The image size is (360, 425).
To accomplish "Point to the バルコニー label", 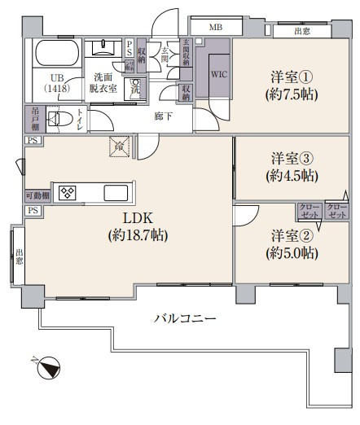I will click(185, 318).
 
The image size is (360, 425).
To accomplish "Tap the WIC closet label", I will click(219, 74).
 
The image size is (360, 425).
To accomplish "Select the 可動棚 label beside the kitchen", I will click(37, 195).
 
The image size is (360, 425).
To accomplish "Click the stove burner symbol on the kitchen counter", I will click(67, 193).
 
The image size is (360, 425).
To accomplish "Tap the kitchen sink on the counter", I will click(114, 193).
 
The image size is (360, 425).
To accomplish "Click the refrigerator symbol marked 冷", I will click(120, 147).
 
